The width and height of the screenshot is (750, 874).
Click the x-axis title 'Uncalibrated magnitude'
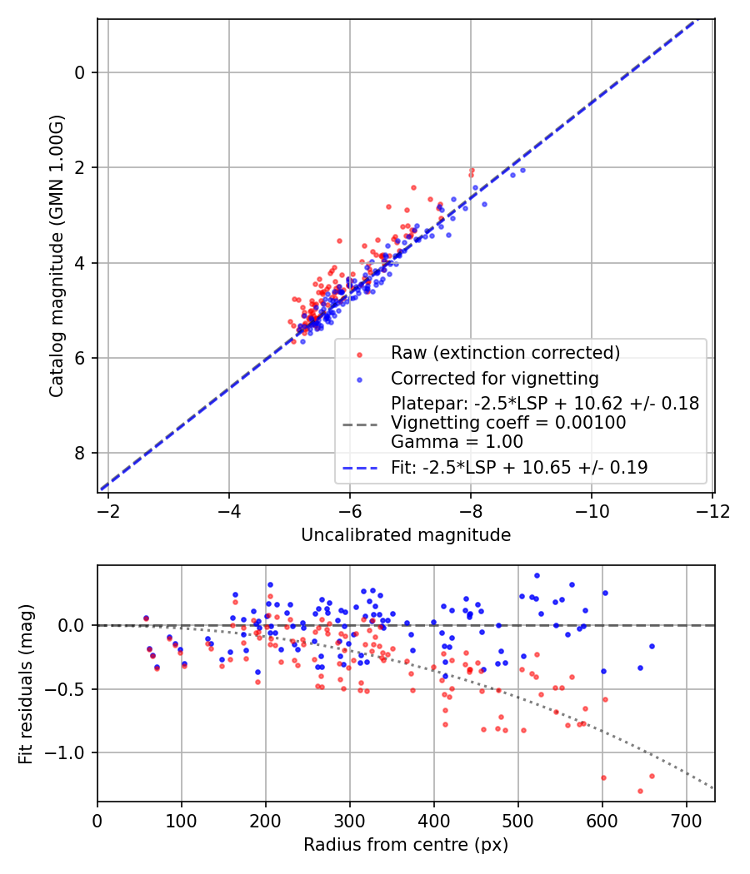click(x=406, y=535)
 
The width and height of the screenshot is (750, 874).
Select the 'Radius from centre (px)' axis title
click(x=406, y=845)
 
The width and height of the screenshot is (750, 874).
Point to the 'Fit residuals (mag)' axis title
click(x=26, y=683)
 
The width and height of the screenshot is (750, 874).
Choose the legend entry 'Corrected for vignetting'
click(x=495, y=379)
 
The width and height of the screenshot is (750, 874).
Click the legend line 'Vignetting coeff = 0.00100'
click(x=508, y=423)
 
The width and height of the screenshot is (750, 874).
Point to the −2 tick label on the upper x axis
click(x=108, y=509)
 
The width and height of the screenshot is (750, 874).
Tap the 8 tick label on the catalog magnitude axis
click(x=80, y=454)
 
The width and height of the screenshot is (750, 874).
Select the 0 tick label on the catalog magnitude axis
click(x=80, y=73)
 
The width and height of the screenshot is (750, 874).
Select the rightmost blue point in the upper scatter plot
click(x=522, y=170)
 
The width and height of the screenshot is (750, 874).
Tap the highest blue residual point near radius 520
click(x=537, y=575)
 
